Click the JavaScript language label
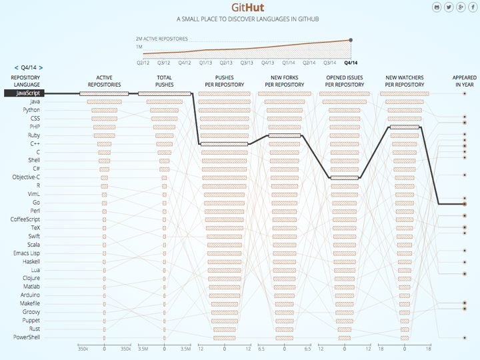[x=23, y=93]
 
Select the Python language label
[x=31, y=110]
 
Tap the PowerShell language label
[x=27, y=337]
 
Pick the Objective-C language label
[x=26, y=177]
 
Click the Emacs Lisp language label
[x=27, y=253]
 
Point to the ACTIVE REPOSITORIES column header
[x=104, y=81]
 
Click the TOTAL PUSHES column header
[x=164, y=81]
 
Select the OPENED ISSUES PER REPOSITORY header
[x=345, y=81]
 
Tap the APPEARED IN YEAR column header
[x=465, y=81]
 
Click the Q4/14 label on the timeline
[x=351, y=63]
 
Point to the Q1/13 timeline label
[x=205, y=63]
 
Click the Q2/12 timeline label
[x=143, y=63]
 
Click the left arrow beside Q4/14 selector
[x=16, y=67]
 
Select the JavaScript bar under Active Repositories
[x=104, y=93]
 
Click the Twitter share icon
[x=449, y=7]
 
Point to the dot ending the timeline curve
[x=351, y=40]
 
